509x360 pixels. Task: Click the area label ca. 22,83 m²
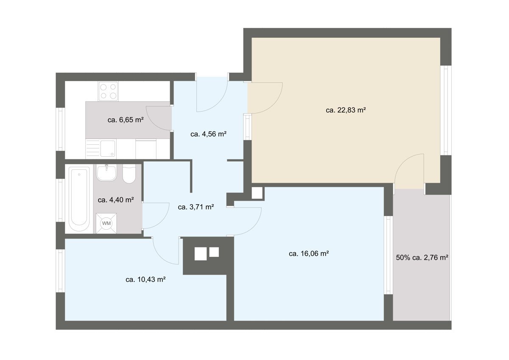(346, 110)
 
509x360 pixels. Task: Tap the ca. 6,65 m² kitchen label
(126, 120)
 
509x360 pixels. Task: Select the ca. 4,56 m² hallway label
(208, 134)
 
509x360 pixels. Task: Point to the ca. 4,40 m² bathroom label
(116, 200)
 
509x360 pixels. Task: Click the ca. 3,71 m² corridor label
(196, 207)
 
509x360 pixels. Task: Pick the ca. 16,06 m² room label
(309, 253)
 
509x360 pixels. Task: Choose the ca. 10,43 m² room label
(145, 279)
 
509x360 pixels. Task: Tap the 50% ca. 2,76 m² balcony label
(422, 258)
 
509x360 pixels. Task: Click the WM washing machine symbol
(106, 223)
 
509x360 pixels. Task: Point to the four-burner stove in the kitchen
(108, 91)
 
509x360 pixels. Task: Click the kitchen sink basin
(108, 149)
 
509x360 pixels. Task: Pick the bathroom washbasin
(106, 172)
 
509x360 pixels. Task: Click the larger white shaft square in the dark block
(200, 253)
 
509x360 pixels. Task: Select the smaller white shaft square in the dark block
(214, 252)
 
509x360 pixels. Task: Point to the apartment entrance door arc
(219, 102)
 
